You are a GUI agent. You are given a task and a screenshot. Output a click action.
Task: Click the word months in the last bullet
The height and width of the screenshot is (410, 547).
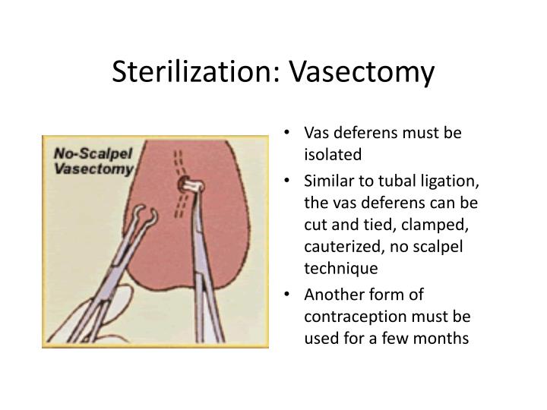tap(446, 337)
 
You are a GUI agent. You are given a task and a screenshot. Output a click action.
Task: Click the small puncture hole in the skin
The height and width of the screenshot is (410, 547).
tap(185, 185)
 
